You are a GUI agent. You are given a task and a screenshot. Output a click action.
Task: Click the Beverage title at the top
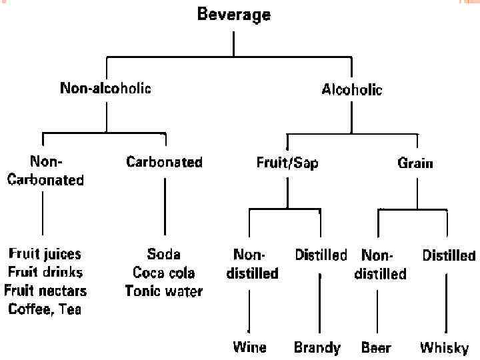(233, 15)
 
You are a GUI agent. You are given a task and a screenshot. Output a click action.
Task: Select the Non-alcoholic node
(105, 89)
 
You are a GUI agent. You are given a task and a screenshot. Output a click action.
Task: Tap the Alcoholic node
(352, 89)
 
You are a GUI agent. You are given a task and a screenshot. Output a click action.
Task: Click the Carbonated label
(164, 162)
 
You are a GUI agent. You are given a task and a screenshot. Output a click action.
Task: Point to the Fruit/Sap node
(287, 162)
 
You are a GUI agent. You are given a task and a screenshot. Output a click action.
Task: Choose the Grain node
(415, 162)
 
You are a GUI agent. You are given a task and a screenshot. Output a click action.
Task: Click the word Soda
(164, 254)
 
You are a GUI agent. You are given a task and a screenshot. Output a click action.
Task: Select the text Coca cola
(164, 272)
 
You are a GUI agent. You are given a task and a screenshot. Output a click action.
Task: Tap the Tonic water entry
(164, 291)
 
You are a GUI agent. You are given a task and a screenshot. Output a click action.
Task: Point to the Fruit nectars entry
(45, 291)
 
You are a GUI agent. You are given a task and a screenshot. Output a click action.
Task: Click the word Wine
(249, 347)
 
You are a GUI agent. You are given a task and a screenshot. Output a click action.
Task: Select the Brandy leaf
(317, 347)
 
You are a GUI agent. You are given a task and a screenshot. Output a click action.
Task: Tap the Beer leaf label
(376, 347)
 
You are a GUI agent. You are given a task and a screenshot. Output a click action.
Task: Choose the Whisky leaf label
(444, 347)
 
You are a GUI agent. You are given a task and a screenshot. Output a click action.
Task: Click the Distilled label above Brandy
(321, 255)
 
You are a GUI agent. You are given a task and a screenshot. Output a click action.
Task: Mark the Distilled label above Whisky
(449, 255)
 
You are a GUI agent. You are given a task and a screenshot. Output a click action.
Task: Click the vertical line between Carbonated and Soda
(165, 207)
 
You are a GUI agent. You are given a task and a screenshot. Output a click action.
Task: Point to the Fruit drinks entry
(45, 272)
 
